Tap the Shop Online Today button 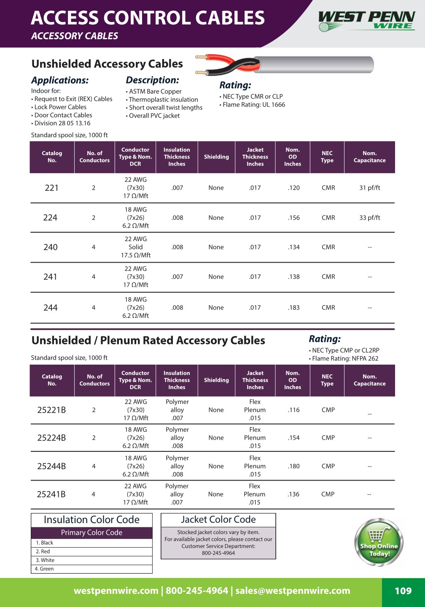pyautogui.click(x=379, y=543)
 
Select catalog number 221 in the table pyautogui.click(x=51, y=188)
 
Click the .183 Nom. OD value pyautogui.click(x=294, y=308)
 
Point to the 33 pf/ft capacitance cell pyautogui.click(x=369, y=218)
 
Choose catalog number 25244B pyautogui.click(x=51, y=466)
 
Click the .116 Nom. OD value pyautogui.click(x=294, y=410)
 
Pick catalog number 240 pyautogui.click(x=51, y=247)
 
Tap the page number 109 pyautogui.click(x=403, y=591)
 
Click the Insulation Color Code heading pyautogui.click(x=91, y=520)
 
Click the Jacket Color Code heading pyautogui.click(x=218, y=520)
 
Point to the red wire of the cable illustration pyautogui.click(x=219, y=59)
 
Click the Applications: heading pyautogui.click(x=60, y=81)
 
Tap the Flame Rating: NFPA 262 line pyautogui.click(x=345, y=359)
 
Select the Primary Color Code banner pyautogui.click(x=91, y=533)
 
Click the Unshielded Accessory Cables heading pyautogui.click(x=107, y=64)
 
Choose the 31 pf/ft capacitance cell pyautogui.click(x=369, y=188)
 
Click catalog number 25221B pyautogui.click(x=51, y=410)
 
